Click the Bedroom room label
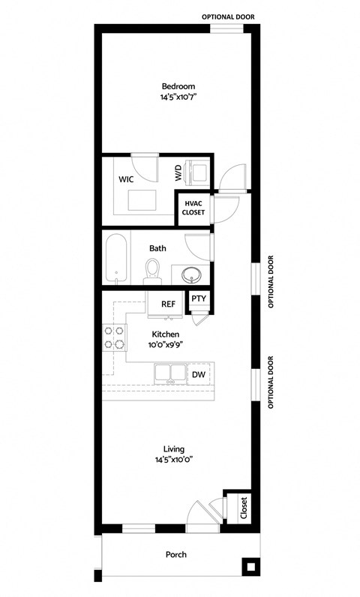tap(178, 86)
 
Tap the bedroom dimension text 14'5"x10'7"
tap(178, 97)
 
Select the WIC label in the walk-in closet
tap(126, 180)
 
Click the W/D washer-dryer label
tap(178, 173)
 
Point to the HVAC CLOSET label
tap(193, 208)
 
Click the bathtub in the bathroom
tap(115, 259)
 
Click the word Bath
tap(157, 248)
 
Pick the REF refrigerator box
tap(168, 304)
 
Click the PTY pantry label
tap(198, 298)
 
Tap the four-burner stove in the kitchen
tap(113, 338)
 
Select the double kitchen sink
tap(169, 373)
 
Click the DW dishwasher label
tap(198, 374)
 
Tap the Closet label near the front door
tap(244, 508)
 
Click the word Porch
tap(176, 555)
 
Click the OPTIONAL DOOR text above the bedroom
tap(231, 16)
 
